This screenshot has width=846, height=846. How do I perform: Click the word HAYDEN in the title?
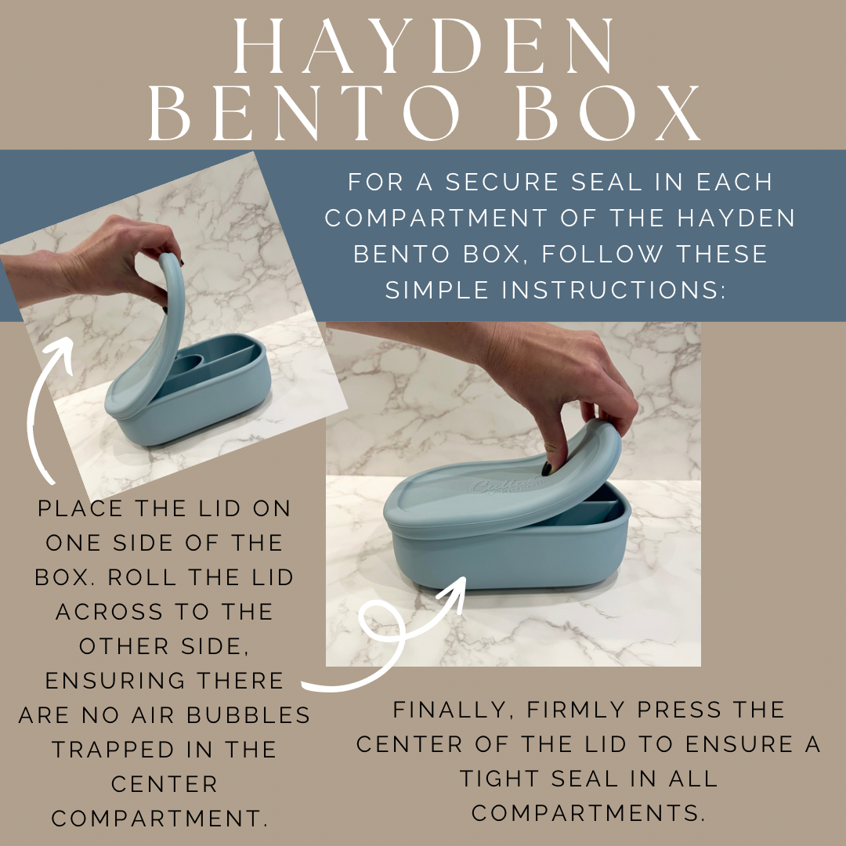click(423, 49)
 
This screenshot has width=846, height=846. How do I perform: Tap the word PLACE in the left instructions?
click(81, 509)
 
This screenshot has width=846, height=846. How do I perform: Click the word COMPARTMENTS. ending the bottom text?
click(588, 813)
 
